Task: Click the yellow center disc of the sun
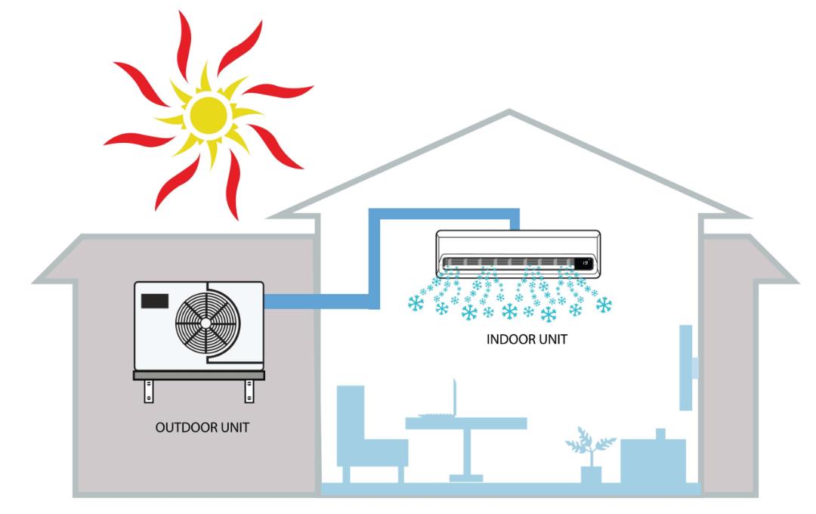[x=209, y=116]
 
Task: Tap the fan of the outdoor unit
[x=208, y=323]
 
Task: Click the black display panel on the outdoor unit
[x=155, y=301]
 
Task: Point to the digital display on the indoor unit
[x=584, y=264]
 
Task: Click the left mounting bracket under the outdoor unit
[x=149, y=391]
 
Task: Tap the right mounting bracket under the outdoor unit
[x=249, y=391]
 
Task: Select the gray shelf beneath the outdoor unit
[x=199, y=375]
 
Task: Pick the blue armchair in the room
[x=370, y=434]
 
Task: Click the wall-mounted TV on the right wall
[x=687, y=367]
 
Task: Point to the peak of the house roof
[x=509, y=110]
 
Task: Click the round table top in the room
[x=466, y=423]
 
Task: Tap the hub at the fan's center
[x=206, y=324]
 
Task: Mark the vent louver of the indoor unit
[x=508, y=262]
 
